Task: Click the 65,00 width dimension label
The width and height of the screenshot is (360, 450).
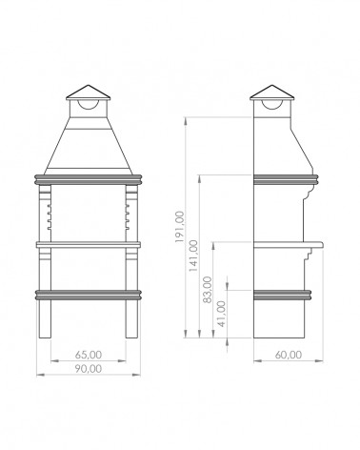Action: point(89,355)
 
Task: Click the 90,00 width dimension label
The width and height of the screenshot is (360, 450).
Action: point(89,369)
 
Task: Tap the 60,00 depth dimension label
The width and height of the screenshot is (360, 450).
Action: point(289,355)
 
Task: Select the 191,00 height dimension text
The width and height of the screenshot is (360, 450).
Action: point(180,227)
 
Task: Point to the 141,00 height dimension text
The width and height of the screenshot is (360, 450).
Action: point(193,256)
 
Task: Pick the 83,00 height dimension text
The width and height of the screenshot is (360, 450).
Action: point(208,290)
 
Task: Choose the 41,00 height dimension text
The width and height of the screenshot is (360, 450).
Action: point(222,314)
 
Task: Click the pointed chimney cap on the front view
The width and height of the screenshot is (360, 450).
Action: point(88,92)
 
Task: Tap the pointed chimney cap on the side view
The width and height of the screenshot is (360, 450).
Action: point(272,92)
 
